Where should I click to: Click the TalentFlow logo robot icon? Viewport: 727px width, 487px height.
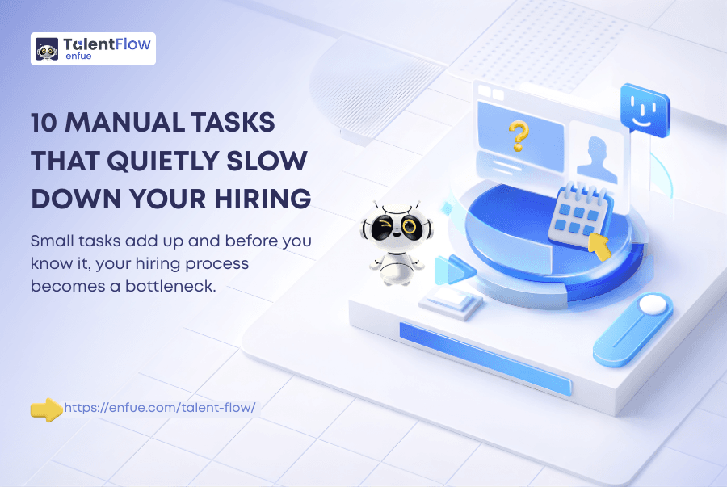click(x=47, y=49)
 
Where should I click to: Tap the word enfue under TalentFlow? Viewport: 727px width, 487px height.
click(x=78, y=56)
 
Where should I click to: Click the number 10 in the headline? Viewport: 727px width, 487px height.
click(x=44, y=123)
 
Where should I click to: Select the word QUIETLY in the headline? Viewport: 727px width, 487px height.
click(x=162, y=162)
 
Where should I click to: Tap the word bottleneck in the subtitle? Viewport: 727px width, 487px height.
click(x=170, y=286)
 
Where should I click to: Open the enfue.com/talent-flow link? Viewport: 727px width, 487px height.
click(x=160, y=408)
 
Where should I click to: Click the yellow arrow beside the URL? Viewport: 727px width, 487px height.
click(x=46, y=409)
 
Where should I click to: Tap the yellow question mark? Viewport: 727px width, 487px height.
click(x=519, y=136)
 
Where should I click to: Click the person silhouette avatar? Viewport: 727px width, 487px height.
click(x=597, y=160)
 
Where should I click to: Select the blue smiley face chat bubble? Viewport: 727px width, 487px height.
click(x=645, y=111)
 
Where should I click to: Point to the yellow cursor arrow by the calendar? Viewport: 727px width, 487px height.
click(x=599, y=246)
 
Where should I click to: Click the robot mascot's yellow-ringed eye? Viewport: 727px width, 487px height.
click(x=410, y=227)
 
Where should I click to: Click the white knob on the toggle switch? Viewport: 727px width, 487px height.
click(x=653, y=304)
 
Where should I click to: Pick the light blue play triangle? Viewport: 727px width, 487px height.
click(x=453, y=270)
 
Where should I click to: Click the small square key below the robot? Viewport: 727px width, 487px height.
click(x=450, y=303)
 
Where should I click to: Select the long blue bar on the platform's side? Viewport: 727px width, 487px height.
click(x=485, y=359)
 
